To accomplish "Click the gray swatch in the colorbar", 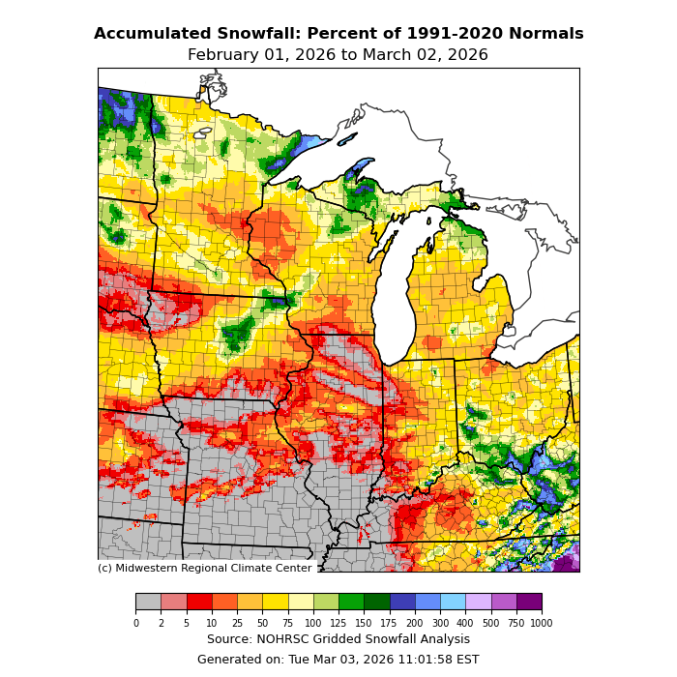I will tap(148, 602).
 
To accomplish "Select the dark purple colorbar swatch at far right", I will tap(529, 602).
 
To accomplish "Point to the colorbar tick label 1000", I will tap(542, 624).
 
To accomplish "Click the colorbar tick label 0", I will tap(135, 624).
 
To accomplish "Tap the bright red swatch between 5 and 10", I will tap(199, 602).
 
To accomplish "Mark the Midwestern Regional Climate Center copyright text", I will tap(204, 569).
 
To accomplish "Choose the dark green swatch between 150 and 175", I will tap(377, 602).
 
